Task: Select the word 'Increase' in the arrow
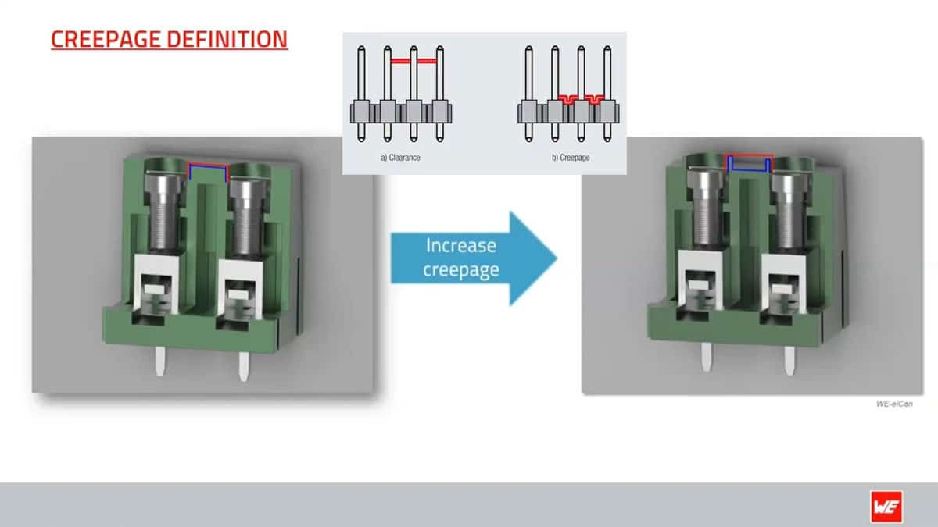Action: [x=460, y=246]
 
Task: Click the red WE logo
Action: [x=886, y=506]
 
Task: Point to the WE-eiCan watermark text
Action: [x=893, y=404]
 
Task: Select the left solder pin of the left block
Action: [x=159, y=361]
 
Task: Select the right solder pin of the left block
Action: [x=242, y=363]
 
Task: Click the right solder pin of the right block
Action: [x=789, y=358]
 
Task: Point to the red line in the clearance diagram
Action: [x=413, y=60]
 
